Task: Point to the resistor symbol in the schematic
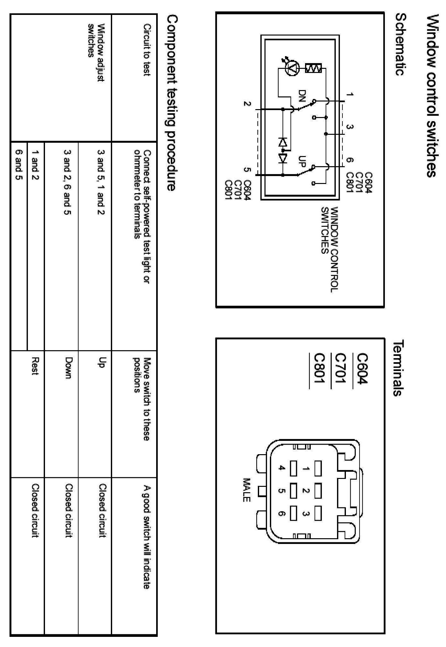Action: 314,68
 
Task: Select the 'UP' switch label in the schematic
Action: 302,161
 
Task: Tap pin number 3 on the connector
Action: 306,513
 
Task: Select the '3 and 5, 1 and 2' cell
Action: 101,182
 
